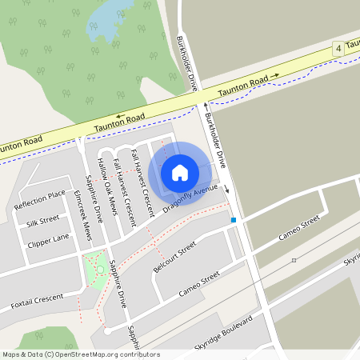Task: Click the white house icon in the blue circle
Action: tap(180, 172)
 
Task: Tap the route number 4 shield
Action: tap(339, 50)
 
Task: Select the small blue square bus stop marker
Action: tap(234, 219)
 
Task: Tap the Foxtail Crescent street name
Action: tap(38, 301)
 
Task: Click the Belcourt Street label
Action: tap(174, 258)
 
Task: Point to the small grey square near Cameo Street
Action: tap(294, 260)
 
